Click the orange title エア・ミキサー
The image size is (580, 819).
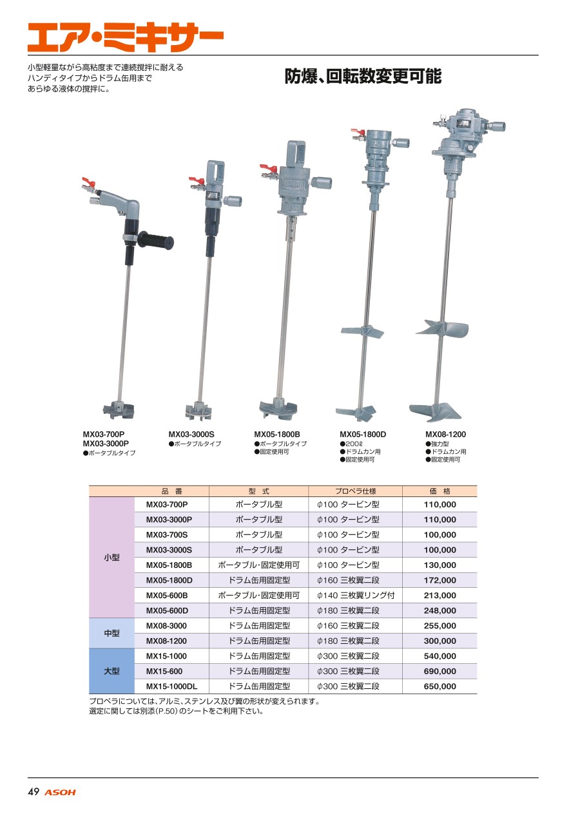point(126,37)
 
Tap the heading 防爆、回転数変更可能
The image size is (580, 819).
point(363,76)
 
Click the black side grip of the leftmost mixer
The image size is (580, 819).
point(156,241)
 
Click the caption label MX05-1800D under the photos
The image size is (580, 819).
point(363,435)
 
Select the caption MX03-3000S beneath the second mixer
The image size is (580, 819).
point(191,435)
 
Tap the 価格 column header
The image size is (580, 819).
point(440,491)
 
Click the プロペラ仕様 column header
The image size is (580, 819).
point(355,491)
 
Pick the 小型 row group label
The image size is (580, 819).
point(111,557)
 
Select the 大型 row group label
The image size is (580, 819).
point(111,671)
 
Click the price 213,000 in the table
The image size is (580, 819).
point(440,595)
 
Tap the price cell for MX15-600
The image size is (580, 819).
point(440,671)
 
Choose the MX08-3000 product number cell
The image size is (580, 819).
point(166,626)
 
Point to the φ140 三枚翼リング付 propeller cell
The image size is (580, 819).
point(356,595)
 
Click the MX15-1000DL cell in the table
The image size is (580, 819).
point(171,686)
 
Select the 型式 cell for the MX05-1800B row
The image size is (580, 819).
point(258,565)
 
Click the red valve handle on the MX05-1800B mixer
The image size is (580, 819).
point(269,168)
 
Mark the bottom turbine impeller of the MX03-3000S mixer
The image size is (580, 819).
point(198,411)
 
